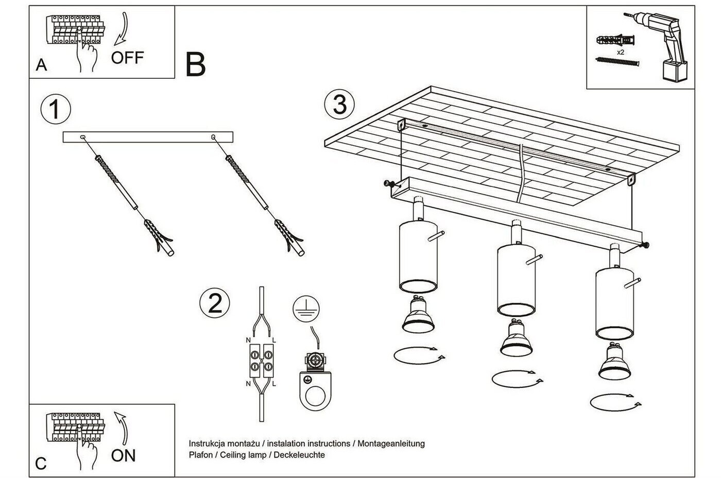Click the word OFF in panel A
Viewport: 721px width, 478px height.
click(128, 58)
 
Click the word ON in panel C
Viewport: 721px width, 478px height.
click(123, 455)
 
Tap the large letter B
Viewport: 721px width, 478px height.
click(195, 64)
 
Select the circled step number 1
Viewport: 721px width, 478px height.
click(56, 109)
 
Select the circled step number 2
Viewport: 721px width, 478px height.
click(215, 303)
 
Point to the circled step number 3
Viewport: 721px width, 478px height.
click(339, 104)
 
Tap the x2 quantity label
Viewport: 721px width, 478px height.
click(620, 52)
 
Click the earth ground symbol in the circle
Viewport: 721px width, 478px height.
click(306, 309)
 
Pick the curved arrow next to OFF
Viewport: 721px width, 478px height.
click(122, 29)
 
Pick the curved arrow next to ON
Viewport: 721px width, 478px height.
click(122, 428)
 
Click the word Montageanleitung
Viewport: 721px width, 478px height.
click(391, 444)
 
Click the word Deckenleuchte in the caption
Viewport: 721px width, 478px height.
click(299, 455)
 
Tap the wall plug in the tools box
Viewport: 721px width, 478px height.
click(615, 40)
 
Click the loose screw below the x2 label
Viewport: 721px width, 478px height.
click(617, 61)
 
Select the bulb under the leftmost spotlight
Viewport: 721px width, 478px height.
click(418, 314)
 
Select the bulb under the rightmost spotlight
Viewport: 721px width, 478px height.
click(614, 361)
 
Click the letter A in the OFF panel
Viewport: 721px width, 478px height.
click(41, 65)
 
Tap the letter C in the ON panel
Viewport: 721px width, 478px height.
click(41, 464)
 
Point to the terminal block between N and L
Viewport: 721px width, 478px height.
click(262, 361)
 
